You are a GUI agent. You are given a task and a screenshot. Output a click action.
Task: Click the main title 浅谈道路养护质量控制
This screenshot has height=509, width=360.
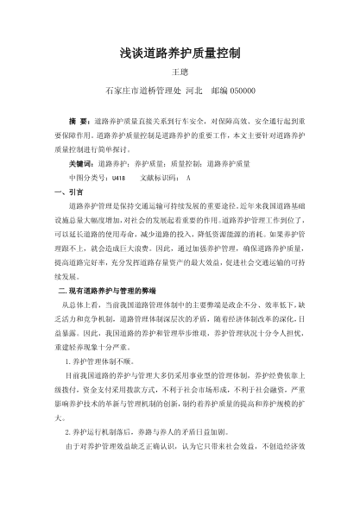click(x=180, y=53)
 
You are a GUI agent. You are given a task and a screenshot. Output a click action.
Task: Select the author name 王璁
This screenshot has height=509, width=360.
click(x=180, y=72)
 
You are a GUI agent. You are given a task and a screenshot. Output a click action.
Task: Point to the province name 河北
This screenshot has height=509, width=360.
click(x=193, y=90)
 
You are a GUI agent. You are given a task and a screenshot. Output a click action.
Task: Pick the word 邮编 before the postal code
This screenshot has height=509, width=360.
click(x=217, y=90)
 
